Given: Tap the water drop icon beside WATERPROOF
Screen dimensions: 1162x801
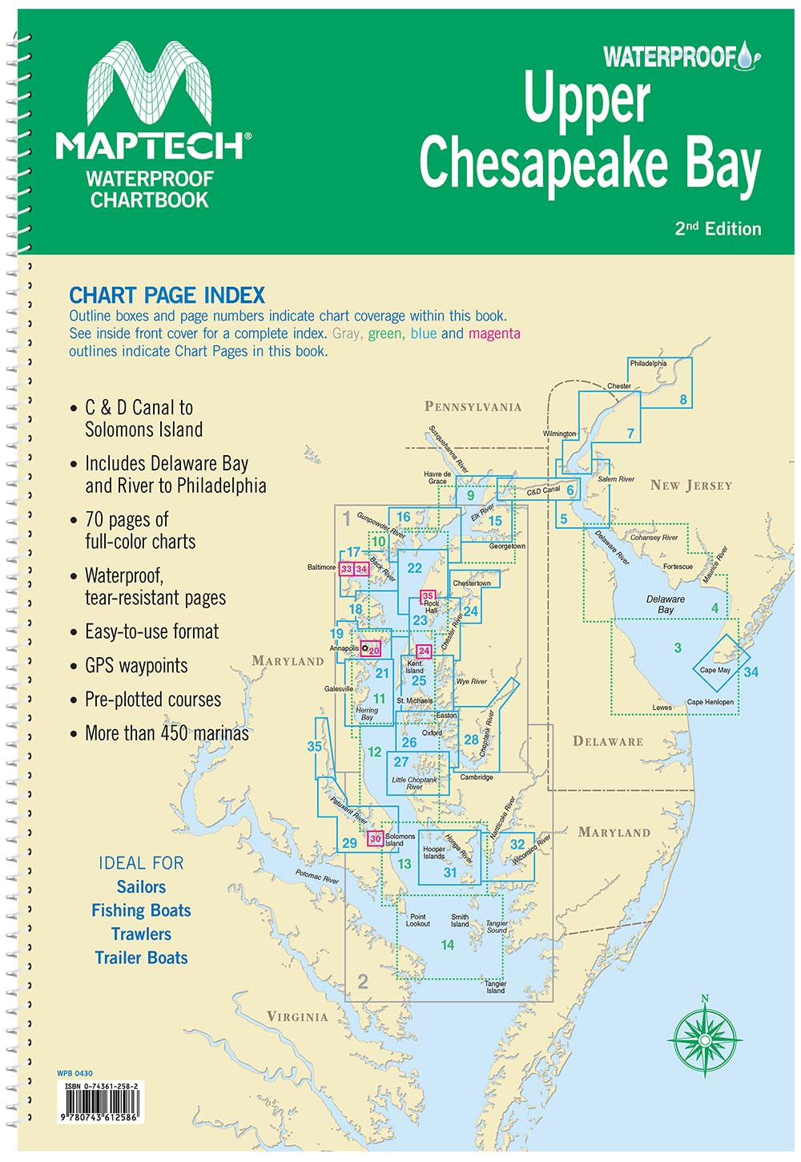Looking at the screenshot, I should coord(748,56).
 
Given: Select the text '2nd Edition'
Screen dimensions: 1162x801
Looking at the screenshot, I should coord(718,228).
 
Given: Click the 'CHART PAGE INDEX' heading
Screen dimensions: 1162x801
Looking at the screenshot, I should coord(167,295).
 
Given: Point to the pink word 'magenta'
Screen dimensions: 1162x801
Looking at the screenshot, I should coord(494,333).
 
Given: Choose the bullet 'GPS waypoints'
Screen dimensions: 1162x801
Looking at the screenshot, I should coord(136,666).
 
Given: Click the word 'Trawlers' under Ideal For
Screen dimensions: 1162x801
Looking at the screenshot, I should coord(141,934).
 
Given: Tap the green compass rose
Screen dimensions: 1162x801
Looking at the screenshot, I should coord(705,1039).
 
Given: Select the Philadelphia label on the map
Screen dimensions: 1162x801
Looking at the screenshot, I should coord(648,363).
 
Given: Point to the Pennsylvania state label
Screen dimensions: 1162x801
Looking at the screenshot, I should coord(473,406).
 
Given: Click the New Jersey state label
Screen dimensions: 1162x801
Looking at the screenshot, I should coord(690,485).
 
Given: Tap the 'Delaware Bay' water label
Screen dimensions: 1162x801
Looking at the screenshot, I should coord(666,604).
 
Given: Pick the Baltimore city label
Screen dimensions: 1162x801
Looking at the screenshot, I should coord(321,567).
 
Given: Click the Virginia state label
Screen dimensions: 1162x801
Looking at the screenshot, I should coord(297,1016).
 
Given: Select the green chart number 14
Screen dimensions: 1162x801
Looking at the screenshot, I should coord(447,945).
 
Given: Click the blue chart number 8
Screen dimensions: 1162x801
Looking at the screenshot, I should coord(683,400).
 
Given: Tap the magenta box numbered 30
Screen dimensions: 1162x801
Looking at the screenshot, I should coord(375,839).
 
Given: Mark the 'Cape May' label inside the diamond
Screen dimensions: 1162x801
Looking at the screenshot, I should coord(714,670).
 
